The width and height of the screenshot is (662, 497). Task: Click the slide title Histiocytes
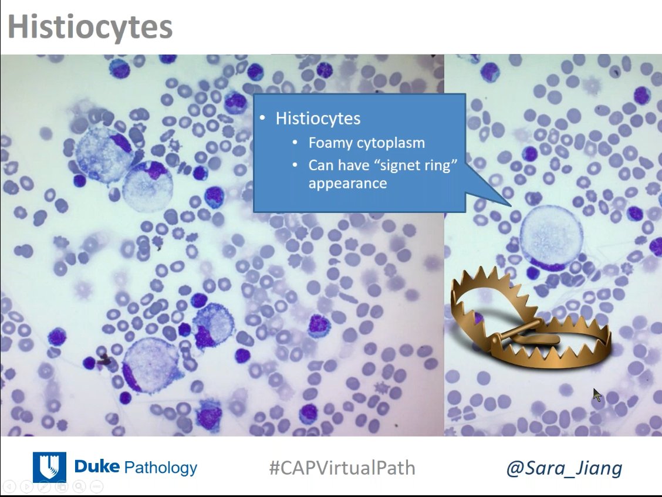90,27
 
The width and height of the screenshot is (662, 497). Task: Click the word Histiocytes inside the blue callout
318,119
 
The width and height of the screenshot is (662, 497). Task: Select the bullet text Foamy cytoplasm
366,143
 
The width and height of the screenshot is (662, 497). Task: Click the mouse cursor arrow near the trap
596,394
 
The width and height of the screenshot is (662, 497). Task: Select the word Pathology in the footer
161,468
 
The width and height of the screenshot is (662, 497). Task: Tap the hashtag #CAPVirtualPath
342,468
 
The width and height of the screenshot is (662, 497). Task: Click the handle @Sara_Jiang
563,468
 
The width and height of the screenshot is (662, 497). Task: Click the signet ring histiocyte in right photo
551,238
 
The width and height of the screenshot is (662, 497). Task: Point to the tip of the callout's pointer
512,206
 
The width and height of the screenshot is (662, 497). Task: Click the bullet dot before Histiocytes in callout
263,119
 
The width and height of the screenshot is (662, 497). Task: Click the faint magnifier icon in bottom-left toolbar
79,486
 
